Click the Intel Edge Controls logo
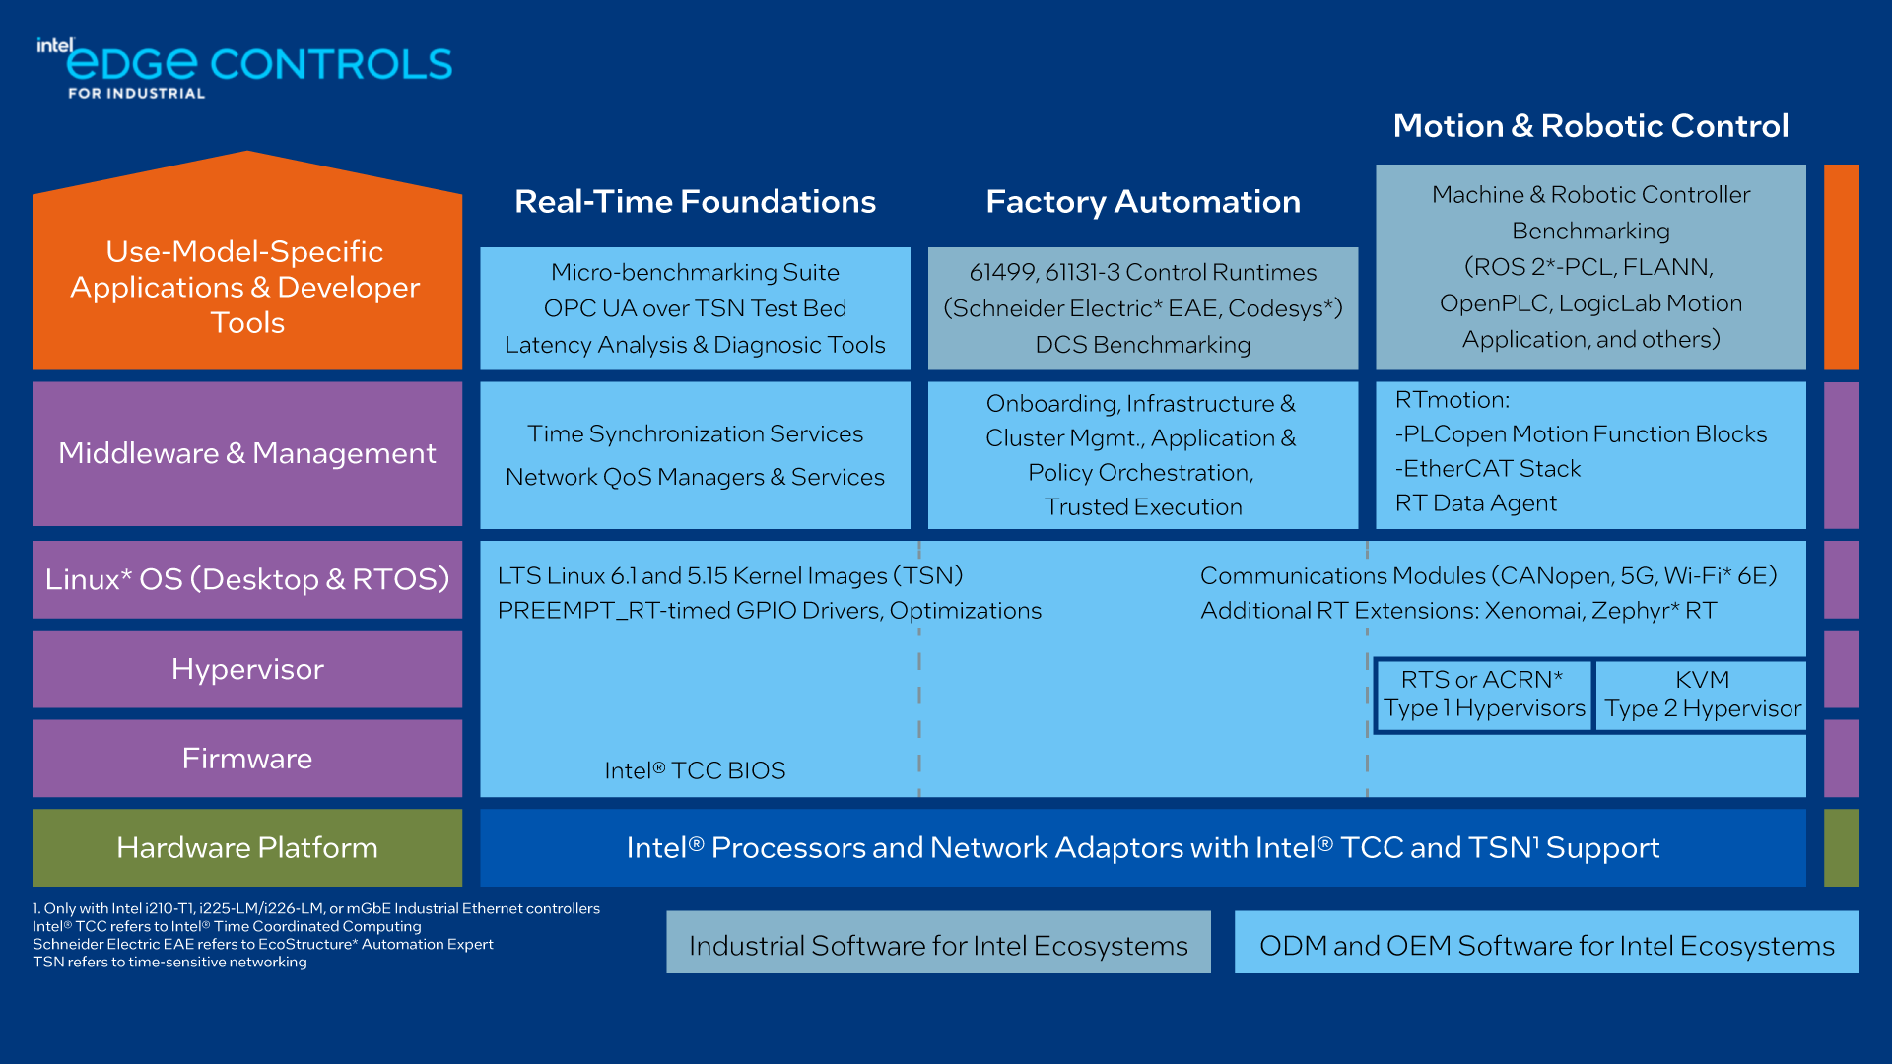(x=244, y=67)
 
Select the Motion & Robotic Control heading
(x=1590, y=126)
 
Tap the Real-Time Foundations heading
(x=695, y=202)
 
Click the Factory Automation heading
(x=1143, y=202)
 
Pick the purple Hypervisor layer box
(x=246, y=669)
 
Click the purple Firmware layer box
(x=246, y=759)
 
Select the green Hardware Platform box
(x=246, y=848)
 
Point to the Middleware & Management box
(x=246, y=453)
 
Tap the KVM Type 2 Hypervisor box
(x=1702, y=695)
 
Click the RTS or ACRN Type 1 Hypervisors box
(x=1483, y=695)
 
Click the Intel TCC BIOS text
(x=695, y=770)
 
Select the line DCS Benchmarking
(x=1143, y=345)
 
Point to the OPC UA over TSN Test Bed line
(x=695, y=308)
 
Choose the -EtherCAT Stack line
(x=1488, y=469)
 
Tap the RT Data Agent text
(x=1476, y=503)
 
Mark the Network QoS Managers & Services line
(x=695, y=477)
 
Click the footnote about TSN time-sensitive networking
(x=169, y=963)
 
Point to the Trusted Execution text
(x=1143, y=507)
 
